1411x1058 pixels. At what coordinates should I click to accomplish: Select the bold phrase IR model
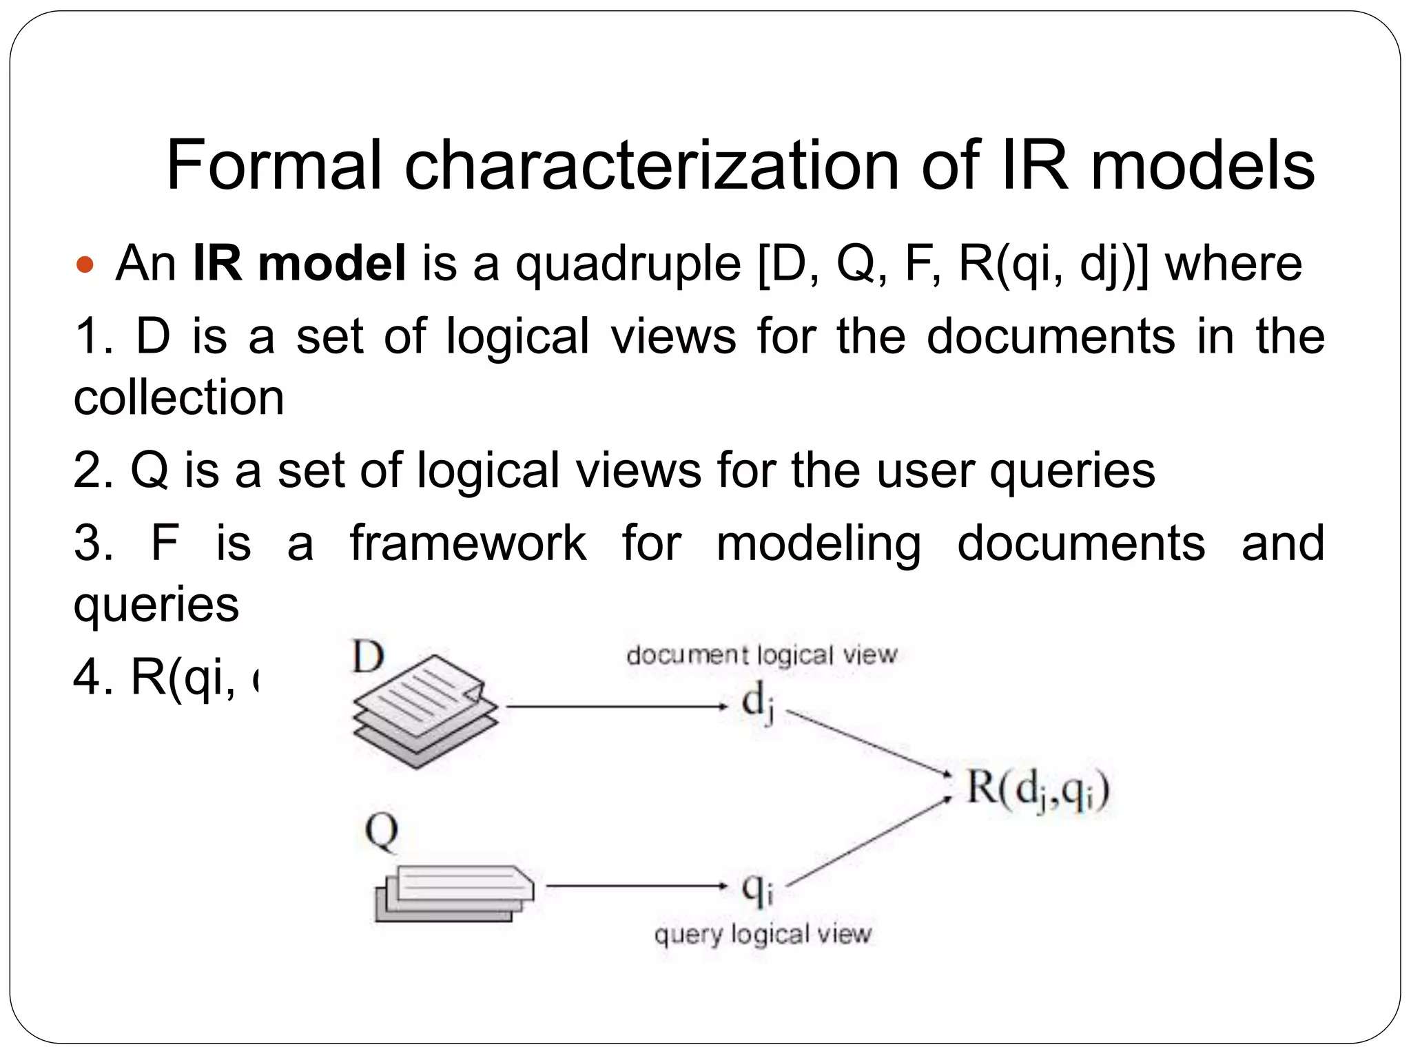[299, 263]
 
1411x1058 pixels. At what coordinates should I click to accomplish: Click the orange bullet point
[85, 264]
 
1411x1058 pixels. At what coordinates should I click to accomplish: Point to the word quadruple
[628, 264]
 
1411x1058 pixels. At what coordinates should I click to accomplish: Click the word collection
[178, 397]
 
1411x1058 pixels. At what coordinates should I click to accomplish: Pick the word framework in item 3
[468, 543]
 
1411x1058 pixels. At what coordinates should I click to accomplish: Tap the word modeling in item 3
[818, 544]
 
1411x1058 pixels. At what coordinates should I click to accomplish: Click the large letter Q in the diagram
[381, 831]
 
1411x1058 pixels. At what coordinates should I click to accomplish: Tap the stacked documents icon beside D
[424, 712]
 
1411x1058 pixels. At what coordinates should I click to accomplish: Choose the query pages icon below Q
[454, 893]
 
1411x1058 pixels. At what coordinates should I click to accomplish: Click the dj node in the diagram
[757, 705]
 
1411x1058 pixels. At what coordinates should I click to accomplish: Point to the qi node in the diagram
[757, 888]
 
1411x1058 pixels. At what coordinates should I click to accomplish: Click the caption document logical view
[761, 654]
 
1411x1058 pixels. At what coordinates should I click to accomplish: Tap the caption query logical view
[763, 935]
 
